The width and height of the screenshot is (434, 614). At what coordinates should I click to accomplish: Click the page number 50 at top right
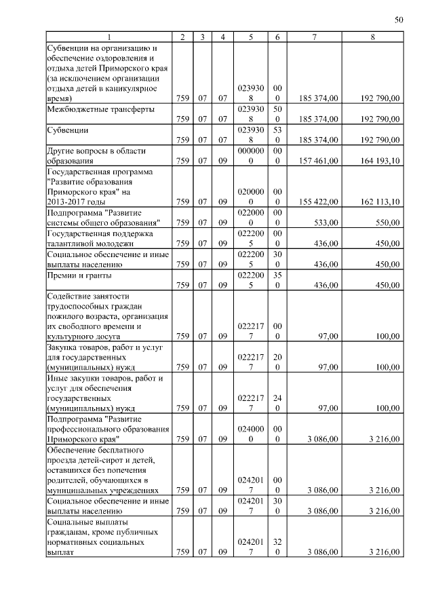pyautogui.click(x=399, y=20)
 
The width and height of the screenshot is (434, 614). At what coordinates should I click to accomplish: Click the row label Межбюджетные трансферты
pyautogui.click(x=100, y=109)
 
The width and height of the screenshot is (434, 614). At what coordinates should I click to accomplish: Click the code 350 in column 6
pyautogui.click(x=277, y=280)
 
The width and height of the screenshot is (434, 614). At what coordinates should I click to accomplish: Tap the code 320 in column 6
pyautogui.click(x=277, y=547)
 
